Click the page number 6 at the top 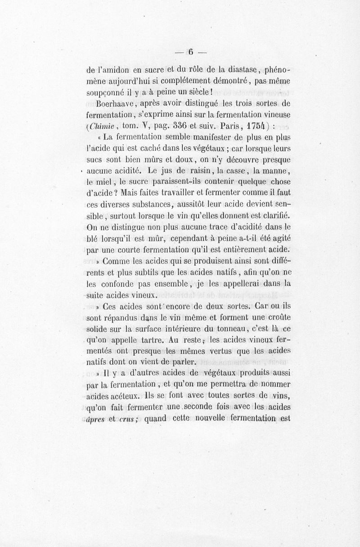[x=191, y=52]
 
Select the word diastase [x=237, y=70]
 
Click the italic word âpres [x=95, y=418]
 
